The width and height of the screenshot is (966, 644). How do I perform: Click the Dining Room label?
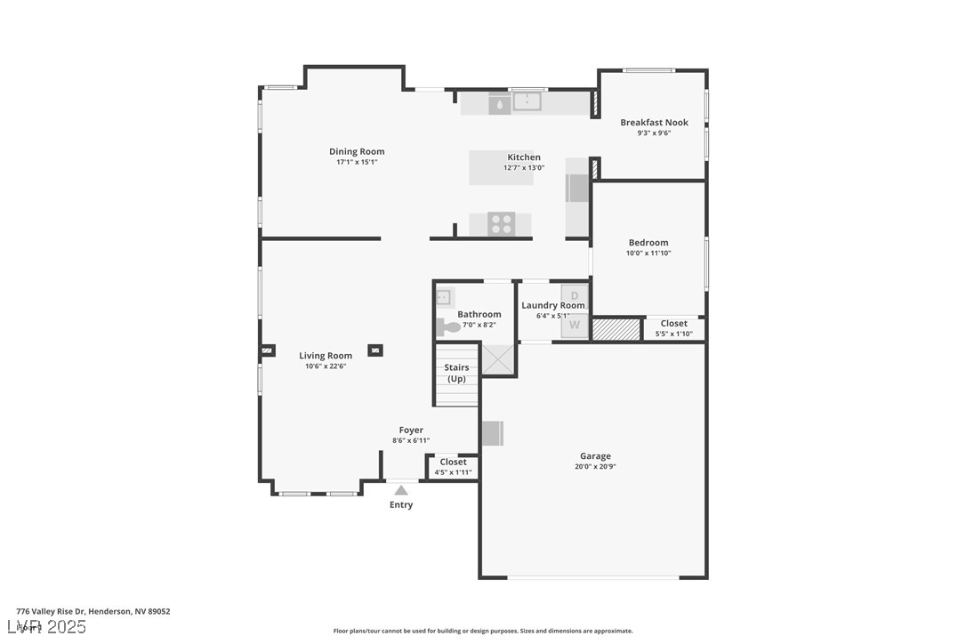click(357, 152)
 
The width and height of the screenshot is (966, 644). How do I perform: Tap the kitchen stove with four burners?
click(501, 224)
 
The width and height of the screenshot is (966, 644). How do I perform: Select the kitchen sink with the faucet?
click(527, 101)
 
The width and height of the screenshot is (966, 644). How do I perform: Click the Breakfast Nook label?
click(654, 123)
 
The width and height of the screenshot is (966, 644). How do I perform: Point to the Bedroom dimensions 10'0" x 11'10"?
click(648, 254)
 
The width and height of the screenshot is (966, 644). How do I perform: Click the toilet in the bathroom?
click(448, 327)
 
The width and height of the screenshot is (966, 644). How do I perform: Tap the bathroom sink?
click(444, 297)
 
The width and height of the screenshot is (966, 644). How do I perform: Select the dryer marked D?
click(575, 295)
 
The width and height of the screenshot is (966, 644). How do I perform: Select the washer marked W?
click(575, 326)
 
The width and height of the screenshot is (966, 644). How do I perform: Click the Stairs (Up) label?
click(456, 373)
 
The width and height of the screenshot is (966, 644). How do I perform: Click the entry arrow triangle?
click(401, 490)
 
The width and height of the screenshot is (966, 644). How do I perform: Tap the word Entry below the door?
click(401, 505)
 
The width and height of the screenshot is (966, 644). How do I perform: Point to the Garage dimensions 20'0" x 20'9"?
click(595, 466)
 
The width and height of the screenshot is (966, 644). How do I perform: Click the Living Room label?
click(326, 356)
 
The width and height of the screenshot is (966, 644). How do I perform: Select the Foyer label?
click(411, 431)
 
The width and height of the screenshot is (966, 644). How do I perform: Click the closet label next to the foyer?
click(453, 463)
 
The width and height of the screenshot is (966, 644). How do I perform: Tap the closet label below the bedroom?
click(673, 324)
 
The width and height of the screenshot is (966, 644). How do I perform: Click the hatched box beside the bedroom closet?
click(616, 329)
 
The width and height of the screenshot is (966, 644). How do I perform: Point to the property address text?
click(93, 611)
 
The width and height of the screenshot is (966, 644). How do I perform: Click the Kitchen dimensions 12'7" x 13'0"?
click(524, 167)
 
